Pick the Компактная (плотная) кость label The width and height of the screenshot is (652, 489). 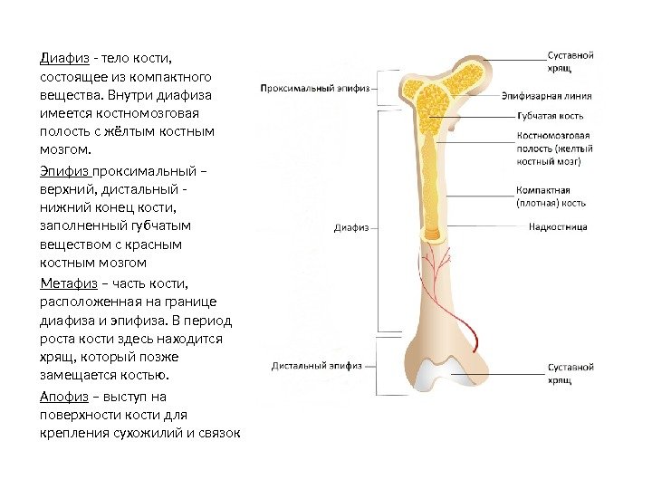(x=552, y=197)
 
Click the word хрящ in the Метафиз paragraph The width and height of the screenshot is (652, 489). (x=57, y=357)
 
